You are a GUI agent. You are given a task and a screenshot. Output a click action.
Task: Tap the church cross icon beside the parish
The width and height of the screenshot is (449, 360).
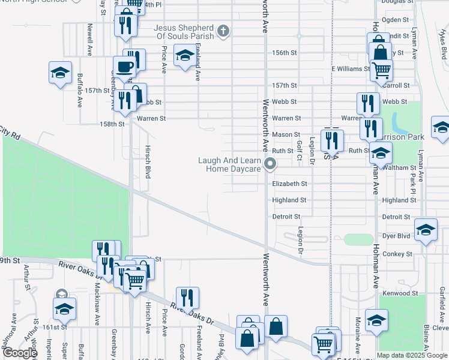[223, 30]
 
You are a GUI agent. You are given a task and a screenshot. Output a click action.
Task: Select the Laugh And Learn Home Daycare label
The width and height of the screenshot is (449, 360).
[233, 164]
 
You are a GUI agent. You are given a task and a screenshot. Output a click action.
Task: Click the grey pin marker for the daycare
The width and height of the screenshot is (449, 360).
[271, 163]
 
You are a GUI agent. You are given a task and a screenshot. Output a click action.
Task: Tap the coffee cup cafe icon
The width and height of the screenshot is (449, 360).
[125, 68]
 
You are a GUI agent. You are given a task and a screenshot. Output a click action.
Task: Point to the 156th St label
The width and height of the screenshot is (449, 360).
[285, 53]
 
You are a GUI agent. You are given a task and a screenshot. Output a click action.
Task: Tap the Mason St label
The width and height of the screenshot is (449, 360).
[286, 134]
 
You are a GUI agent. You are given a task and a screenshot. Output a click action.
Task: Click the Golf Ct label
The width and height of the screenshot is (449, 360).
[299, 151]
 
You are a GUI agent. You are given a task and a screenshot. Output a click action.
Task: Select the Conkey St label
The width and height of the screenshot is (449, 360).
[397, 254]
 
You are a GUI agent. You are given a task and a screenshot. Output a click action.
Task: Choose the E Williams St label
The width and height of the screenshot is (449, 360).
[351, 69]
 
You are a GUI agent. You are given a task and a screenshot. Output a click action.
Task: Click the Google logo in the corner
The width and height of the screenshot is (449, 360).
[19, 353]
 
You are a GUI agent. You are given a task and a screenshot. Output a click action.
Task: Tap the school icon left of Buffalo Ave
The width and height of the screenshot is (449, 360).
[60, 73]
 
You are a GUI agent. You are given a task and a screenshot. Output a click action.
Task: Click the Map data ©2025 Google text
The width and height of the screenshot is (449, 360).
[412, 355]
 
